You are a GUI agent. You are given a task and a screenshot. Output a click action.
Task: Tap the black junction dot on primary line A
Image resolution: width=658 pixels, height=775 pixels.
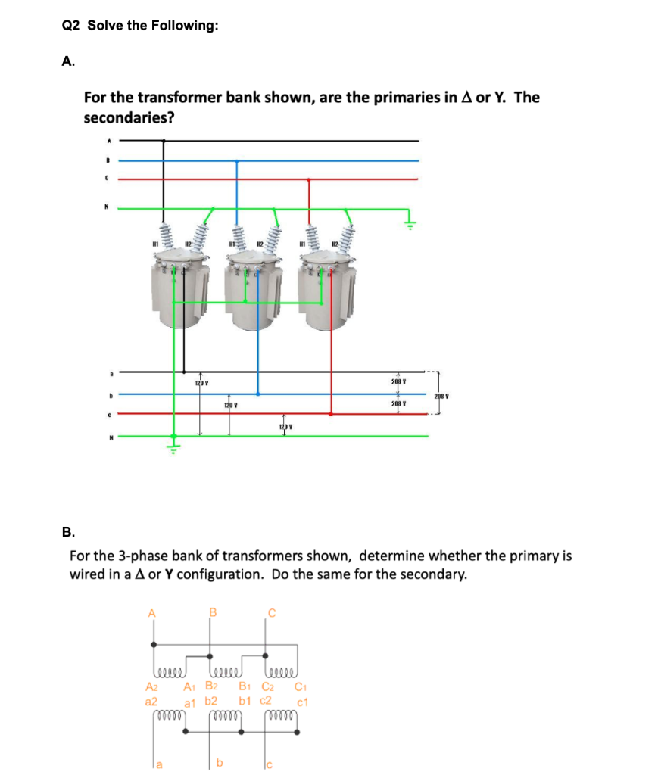point(164,140)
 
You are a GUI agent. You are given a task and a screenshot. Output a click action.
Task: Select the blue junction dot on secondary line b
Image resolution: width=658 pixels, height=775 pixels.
point(257,394)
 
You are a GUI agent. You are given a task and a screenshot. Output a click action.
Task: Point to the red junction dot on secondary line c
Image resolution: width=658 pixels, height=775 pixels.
point(330,414)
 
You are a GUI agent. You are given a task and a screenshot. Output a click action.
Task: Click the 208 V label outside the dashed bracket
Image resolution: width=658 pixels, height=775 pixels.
point(441,396)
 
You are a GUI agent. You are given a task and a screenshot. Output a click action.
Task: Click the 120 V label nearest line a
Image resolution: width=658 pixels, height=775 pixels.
point(201,384)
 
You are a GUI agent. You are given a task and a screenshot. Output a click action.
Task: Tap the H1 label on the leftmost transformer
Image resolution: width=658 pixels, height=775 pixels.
point(157,243)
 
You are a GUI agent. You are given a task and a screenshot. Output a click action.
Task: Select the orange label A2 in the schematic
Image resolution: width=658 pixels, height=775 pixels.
point(151,687)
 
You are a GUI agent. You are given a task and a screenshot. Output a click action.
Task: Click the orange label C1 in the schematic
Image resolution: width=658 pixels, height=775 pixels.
point(299,687)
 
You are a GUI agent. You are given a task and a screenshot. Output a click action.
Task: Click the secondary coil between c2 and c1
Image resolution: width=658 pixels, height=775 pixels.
point(282,715)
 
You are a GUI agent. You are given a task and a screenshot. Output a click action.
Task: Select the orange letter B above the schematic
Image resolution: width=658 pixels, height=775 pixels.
point(212,611)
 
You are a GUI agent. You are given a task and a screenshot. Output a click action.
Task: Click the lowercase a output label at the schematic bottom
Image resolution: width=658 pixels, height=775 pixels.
point(160,764)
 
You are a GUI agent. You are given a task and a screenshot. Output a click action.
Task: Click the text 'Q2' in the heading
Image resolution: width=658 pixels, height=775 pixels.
point(70,26)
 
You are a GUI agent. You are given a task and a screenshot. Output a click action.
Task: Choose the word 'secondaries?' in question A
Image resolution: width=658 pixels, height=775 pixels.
point(120,119)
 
